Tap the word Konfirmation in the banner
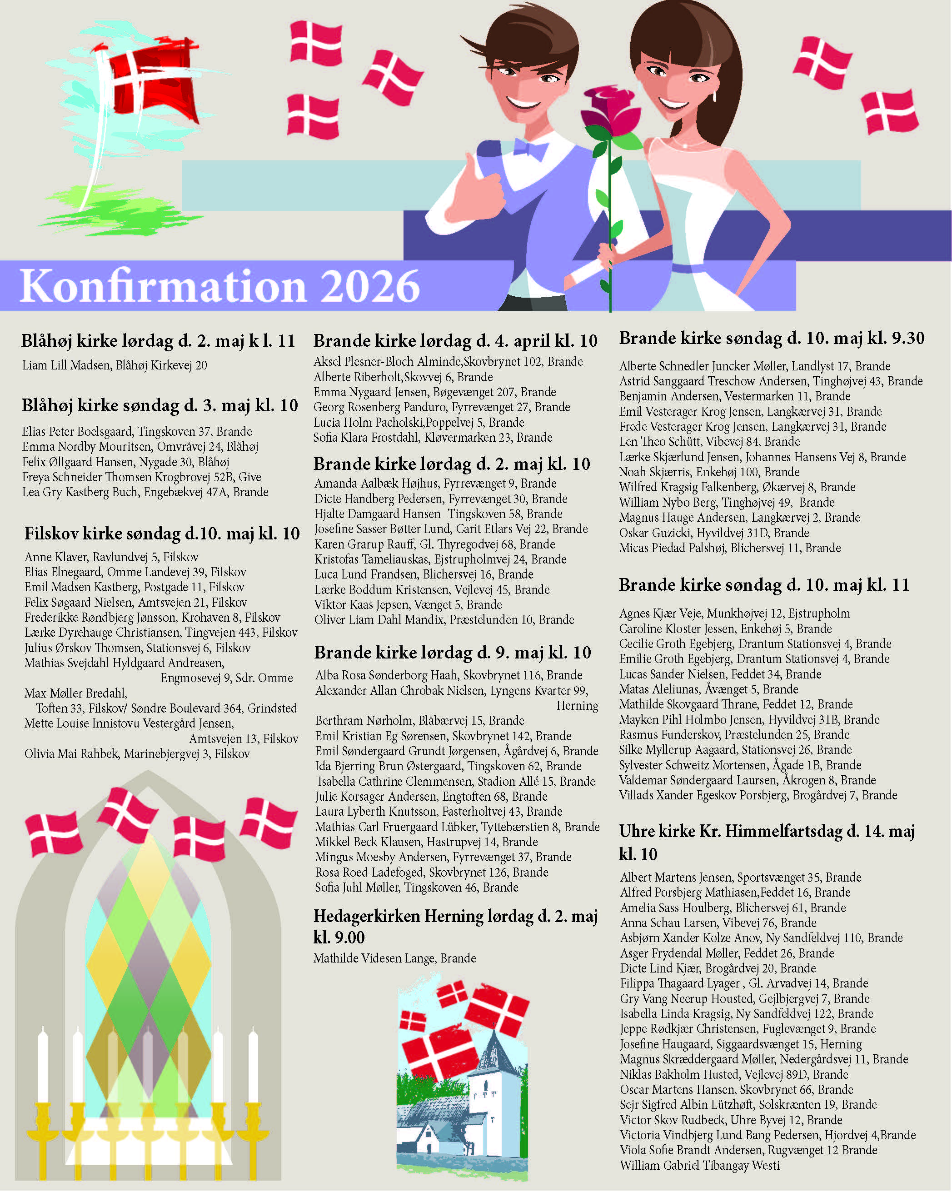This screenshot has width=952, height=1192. (163, 286)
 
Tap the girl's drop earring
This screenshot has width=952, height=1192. (715, 95)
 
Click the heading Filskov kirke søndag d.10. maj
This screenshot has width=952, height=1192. (161, 534)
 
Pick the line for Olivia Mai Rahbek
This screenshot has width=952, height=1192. (137, 753)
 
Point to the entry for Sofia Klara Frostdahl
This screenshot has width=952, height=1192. (432, 437)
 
